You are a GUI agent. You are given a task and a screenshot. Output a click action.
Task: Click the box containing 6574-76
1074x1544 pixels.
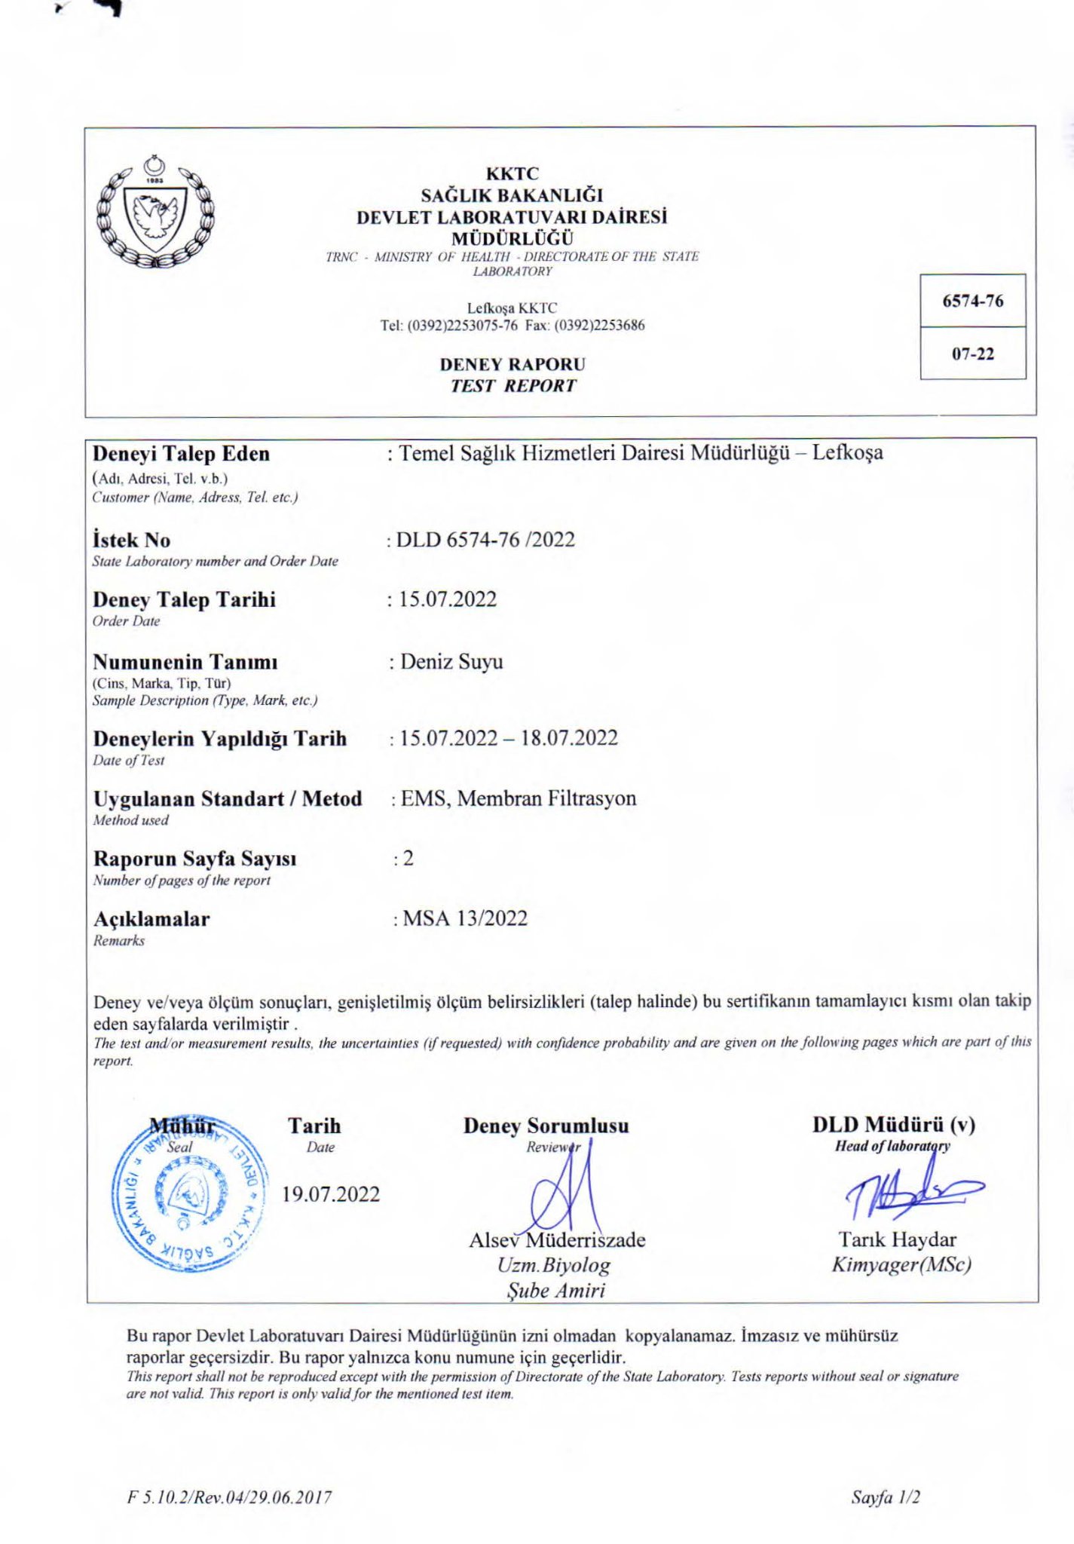tap(972, 301)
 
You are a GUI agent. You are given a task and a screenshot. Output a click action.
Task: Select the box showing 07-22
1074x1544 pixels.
tap(972, 354)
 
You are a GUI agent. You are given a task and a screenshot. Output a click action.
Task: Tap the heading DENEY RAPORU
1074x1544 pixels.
tap(513, 364)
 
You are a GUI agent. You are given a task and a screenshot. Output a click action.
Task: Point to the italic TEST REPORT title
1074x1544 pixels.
tap(513, 386)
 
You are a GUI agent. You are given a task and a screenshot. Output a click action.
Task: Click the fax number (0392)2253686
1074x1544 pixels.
tap(599, 326)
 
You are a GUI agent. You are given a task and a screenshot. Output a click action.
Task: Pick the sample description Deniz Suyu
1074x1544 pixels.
tap(451, 662)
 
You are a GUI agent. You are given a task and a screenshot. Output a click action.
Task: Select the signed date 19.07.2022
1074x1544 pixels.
tap(331, 1194)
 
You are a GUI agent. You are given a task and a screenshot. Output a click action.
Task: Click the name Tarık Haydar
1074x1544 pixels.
tap(897, 1239)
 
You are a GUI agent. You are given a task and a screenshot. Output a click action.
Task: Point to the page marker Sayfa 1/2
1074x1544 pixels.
tap(886, 1497)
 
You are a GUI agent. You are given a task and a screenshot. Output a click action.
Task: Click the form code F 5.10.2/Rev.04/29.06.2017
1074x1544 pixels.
tap(229, 1497)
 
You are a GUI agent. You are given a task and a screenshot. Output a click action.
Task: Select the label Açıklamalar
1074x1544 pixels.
tap(151, 919)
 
